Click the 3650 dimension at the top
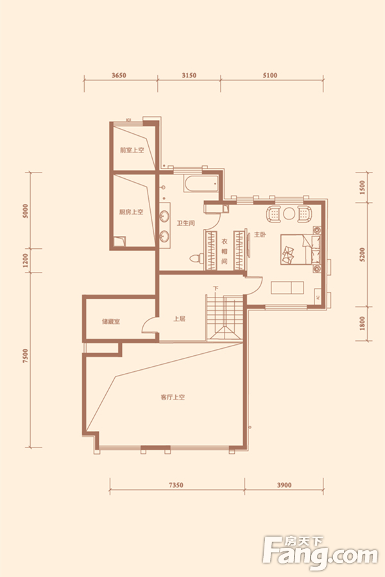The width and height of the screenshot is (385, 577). (119, 76)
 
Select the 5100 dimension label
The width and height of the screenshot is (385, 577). (270, 76)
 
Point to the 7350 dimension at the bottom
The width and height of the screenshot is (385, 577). (176, 485)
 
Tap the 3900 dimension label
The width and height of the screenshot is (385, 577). (284, 485)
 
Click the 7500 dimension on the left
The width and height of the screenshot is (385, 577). (25, 356)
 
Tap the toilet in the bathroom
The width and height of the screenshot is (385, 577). (196, 258)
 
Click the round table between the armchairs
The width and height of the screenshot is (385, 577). (289, 213)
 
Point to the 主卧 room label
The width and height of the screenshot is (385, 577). (260, 235)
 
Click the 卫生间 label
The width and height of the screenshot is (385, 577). (185, 223)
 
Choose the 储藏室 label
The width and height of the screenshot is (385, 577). (111, 322)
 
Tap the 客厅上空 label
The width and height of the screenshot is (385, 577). (173, 397)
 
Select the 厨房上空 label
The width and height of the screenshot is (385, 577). (131, 212)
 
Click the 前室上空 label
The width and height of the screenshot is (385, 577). (132, 150)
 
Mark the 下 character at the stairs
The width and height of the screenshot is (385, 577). (216, 288)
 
